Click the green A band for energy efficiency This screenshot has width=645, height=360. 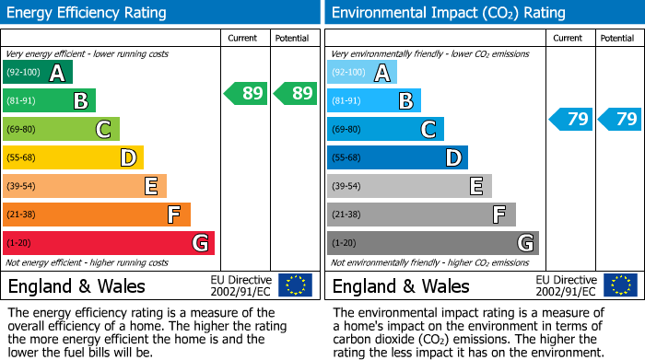[38, 73]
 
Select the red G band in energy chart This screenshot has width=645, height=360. [109, 243]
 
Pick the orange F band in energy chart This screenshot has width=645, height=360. [97, 215]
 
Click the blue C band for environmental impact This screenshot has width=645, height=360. [385, 129]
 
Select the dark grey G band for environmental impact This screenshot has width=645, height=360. [432, 243]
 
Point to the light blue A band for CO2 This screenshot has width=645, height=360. [362, 73]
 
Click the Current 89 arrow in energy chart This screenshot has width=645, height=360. [245, 93]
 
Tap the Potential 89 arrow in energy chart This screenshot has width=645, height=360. [294, 93]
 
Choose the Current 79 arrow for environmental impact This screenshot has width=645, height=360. [570, 119]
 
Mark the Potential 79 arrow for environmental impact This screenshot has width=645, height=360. [619, 119]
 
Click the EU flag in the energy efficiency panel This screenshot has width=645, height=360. [296, 285]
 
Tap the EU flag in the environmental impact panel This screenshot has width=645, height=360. [620, 285]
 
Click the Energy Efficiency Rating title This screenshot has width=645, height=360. [88, 13]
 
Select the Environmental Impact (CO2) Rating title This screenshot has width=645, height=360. [448, 13]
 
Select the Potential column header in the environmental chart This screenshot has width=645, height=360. [617, 38]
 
